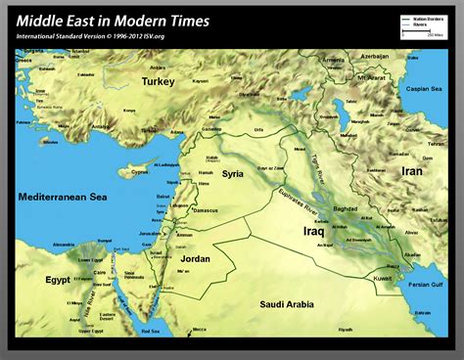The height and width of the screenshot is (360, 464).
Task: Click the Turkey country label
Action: click(158, 82)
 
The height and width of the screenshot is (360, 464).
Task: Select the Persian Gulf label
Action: click(427, 285)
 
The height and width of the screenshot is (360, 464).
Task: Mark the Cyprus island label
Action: click(141, 172)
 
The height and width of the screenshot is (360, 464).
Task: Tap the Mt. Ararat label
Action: click(372, 76)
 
